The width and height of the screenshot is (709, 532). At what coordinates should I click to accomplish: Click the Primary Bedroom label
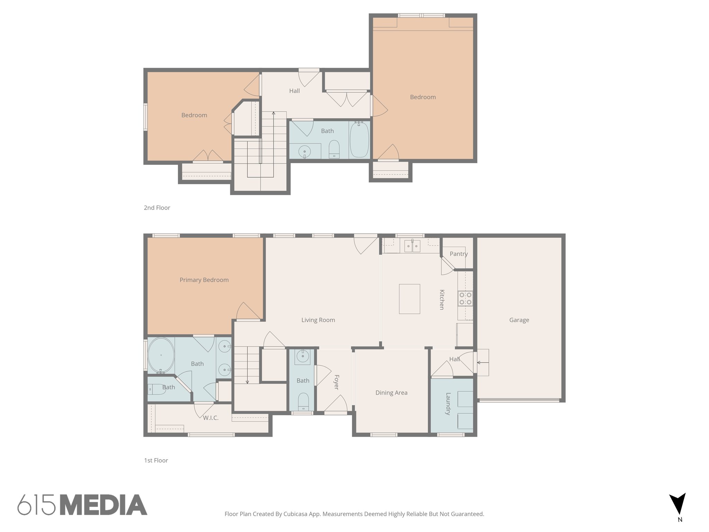point(204,280)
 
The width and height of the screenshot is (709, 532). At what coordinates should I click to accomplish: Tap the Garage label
point(519,320)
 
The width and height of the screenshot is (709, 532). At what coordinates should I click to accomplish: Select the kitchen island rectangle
point(409,299)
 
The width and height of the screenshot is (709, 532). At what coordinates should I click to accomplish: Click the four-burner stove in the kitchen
point(465,299)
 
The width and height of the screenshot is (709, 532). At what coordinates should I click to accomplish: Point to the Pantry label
point(459,254)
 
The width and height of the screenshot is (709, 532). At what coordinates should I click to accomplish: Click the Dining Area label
point(391,393)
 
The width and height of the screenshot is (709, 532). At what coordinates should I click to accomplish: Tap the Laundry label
point(448,404)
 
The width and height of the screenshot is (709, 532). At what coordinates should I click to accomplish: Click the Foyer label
point(336,382)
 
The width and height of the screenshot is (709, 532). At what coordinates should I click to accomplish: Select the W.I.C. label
point(210,418)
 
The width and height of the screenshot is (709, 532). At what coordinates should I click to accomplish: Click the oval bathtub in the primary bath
point(161,355)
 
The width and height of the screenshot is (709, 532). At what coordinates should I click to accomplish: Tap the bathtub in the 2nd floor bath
point(359,140)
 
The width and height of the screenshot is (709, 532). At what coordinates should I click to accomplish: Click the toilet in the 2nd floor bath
point(334,149)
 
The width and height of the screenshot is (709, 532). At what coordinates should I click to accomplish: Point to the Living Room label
point(318,320)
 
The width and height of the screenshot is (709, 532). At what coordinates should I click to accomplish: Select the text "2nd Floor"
point(157,208)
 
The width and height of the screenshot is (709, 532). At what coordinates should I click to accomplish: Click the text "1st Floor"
point(156,460)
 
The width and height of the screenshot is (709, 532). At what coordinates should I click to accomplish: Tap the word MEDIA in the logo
point(103,505)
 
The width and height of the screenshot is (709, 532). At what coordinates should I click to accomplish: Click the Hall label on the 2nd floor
point(294,91)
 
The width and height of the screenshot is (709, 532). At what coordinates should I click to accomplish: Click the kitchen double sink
point(412,246)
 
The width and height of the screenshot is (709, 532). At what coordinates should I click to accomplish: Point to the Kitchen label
point(442,300)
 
